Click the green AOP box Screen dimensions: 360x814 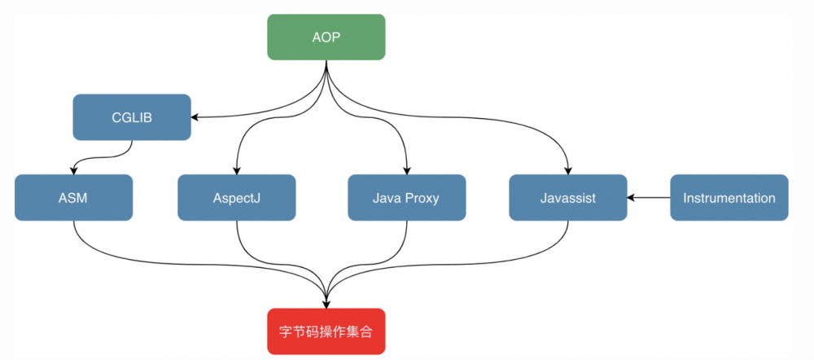pyautogui.click(x=326, y=37)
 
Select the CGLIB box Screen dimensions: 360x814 pyautogui.click(x=132, y=117)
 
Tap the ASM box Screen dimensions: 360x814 pyautogui.click(x=73, y=198)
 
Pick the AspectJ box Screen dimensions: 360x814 pyautogui.click(x=237, y=198)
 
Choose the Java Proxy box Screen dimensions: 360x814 pyautogui.click(x=406, y=198)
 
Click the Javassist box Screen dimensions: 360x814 pyautogui.click(x=568, y=198)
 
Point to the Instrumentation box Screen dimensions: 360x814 pyautogui.click(x=729, y=198)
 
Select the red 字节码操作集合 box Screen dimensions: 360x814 pyautogui.click(x=326, y=331)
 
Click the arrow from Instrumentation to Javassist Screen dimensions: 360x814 pyautogui.click(x=649, y=198)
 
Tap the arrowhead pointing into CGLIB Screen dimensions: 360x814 pyautogui.click(x=195, y=117)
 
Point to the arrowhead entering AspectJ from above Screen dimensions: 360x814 pyautogui.click(x=237, y=170)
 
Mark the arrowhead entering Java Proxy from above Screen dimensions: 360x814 pyautogui.click(x=406, y=170)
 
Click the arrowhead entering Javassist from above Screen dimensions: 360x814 pyautogui.click(x=568, y=170)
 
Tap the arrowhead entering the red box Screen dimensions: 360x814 pyautogui.click(x=326, y=304)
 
